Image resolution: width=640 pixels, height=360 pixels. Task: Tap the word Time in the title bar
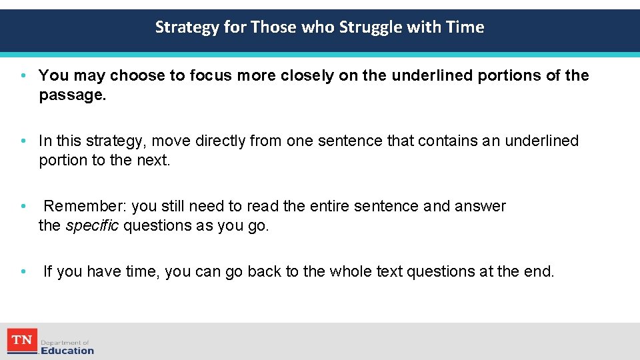point(467,27)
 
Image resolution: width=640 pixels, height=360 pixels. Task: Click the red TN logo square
point(22,341)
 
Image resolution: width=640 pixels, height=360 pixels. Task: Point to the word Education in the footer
point(67,351)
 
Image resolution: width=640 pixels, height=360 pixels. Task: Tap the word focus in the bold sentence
point(210,75)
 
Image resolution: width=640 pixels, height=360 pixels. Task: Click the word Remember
point(78,206)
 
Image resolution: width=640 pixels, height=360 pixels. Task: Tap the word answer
point(480,206)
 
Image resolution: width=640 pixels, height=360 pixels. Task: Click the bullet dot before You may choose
point(23,75)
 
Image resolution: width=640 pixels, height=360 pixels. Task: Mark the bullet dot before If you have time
point(23,271)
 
